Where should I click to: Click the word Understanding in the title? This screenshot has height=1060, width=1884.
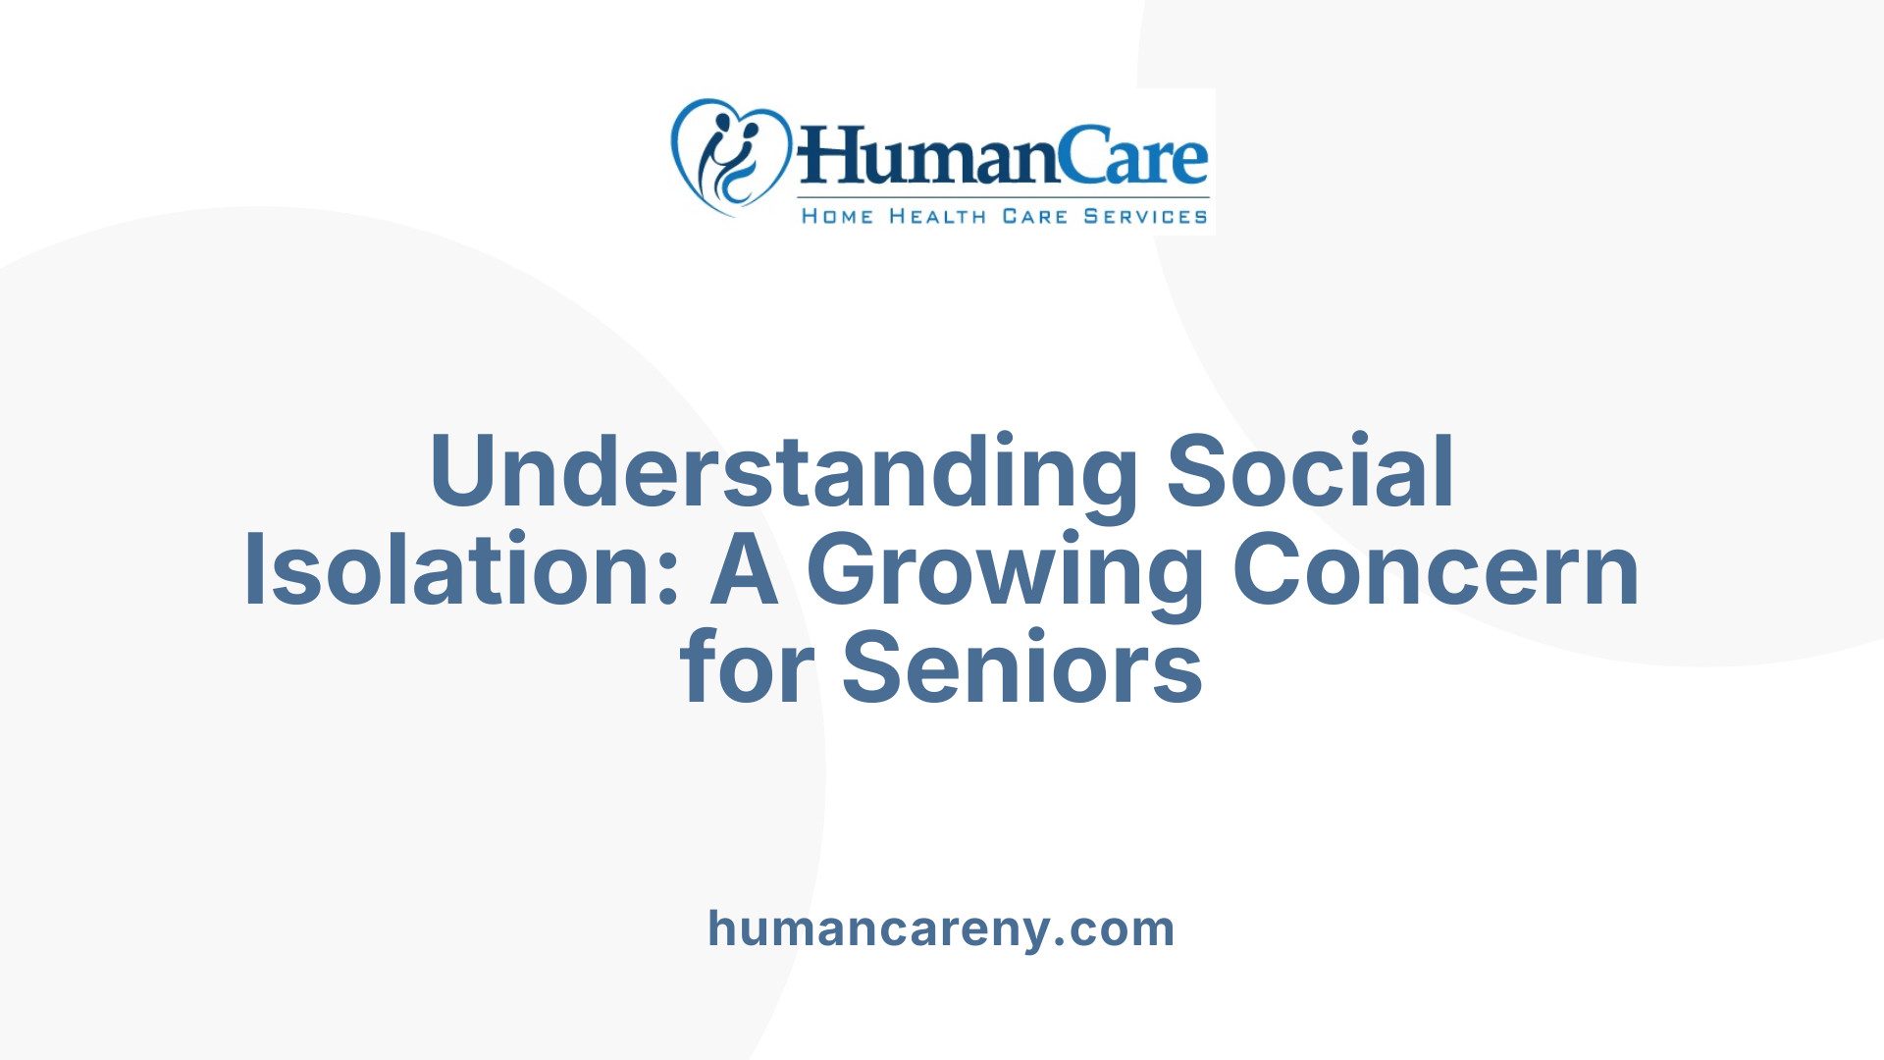[x=783, y=473]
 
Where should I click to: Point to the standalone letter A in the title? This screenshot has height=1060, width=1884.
[x=744, y=570]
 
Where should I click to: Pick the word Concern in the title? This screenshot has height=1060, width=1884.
[x=1436, y=570]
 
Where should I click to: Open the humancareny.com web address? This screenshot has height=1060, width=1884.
[x=941, y=928]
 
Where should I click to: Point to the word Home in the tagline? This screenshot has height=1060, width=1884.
[x=837, y=216]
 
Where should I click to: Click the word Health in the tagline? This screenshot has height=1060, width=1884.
[x=937, y=216]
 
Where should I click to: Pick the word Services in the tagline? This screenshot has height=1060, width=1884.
[x=1145, y=216]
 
